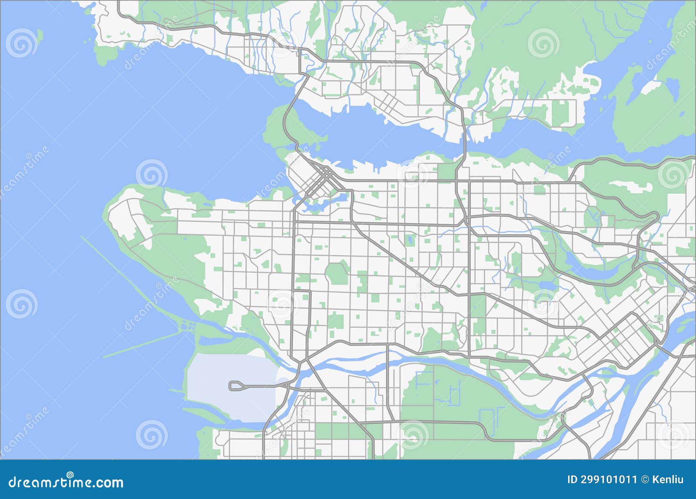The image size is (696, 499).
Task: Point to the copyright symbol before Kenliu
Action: coord(646,479)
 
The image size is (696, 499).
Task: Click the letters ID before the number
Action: coord(573,479)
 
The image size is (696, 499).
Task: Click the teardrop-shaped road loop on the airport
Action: coord(235,385)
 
